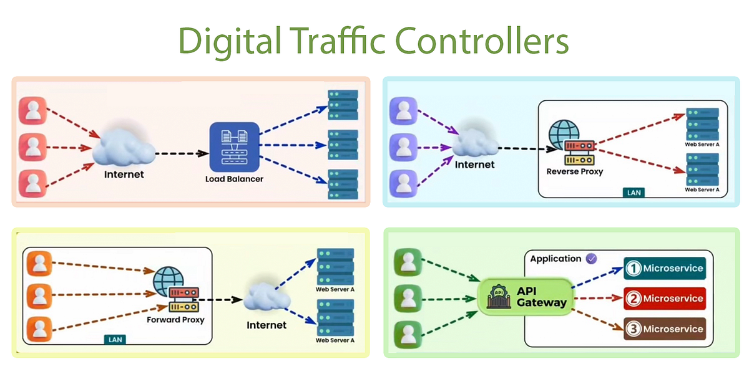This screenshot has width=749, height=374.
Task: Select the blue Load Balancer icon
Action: pyautogui.click(x=234, y=146)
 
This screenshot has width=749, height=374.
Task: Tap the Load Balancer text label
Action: pyautogui.click(x=234, y=179)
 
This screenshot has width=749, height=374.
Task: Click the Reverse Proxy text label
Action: pyautogui.click(x=574, y=171)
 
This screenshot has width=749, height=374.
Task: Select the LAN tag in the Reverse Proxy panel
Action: pyautogui.click(x=633, y=193)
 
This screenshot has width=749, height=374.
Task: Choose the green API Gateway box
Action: pyautogui.click(x=526, y=296)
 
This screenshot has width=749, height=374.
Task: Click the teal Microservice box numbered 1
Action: pyautogui.click(x=665, y=269)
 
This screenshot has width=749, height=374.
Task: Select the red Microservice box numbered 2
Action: pyautogui.click(x=665, y=299)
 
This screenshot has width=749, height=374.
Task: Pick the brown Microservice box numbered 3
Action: pyautogui.click(x=665, y=328)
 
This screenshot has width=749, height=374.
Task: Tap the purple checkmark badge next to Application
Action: pyautogui.click(x=591, y=258)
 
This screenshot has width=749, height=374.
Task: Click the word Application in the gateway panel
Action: pyautogui.click(x=556, y=259)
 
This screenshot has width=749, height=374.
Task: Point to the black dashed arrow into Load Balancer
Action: pyautogui.click(x=181, y=153)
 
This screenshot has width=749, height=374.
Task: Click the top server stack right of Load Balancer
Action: pyautogui.click(x=343, y=105)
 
